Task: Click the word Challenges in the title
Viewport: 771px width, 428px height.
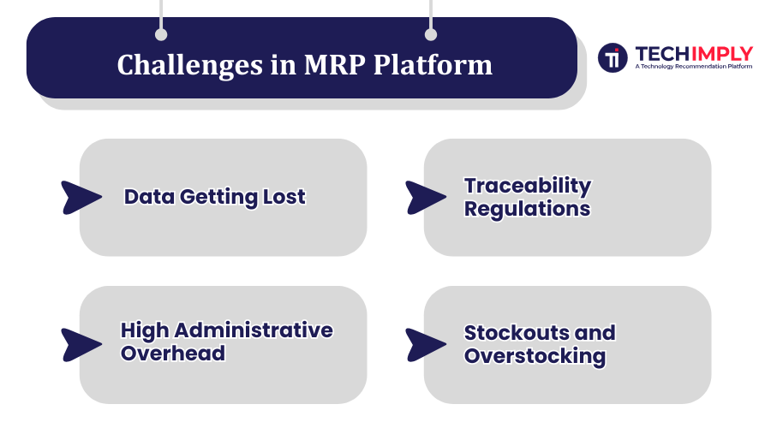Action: coord(190,66)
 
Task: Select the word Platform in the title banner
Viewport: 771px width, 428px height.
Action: coord(433,64)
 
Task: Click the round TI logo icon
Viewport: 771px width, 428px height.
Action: coord(613,57)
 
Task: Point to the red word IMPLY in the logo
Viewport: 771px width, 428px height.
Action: coord(722,54)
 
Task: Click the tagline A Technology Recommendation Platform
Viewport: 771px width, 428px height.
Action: coord(693,66)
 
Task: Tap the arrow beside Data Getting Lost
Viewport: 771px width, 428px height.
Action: coord(81,198)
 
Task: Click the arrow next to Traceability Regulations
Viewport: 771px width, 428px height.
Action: coord(425,198)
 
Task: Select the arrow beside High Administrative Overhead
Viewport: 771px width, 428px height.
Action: coord(81,345)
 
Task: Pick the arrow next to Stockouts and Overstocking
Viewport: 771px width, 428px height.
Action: coord(425,345)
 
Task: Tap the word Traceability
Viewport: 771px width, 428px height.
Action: coord(528,187)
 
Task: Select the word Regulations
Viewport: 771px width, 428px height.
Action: coord(527,209)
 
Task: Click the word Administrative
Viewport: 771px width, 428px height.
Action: coord(254,330)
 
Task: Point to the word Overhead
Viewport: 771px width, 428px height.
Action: coord(173,354)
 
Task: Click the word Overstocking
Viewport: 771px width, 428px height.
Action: coord(535,356)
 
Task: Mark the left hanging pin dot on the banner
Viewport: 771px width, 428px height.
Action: coord(161,34)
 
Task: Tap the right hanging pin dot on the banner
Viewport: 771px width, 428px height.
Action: coord(430,34)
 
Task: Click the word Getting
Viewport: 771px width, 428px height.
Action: coord(218,198)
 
